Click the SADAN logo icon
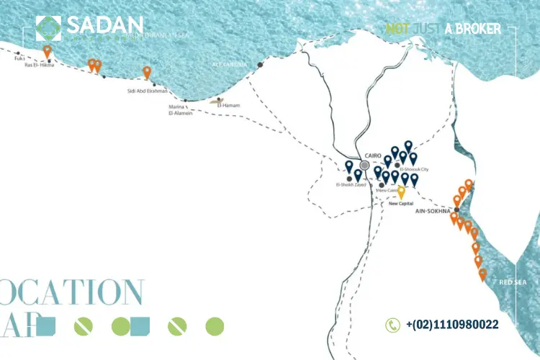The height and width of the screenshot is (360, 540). pyautogui.click(x=49, y=28)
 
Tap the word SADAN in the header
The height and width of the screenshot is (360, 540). pyautogui.click(x=104, y=26)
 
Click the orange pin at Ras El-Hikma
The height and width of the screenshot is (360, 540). pyautogui.click(x=48, y=52)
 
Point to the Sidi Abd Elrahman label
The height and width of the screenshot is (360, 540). pyautogui.click(x=147, y=91)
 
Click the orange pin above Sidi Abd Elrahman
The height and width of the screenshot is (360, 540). pyautogui.click(x=147, y=72)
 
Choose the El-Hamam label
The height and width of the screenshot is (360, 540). pyautogui.click(x=228, y=106)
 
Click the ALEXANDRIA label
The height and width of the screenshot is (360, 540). pyautogui.click(x=229, y=64)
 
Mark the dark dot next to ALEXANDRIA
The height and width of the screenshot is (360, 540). pyautogui.click(x=261, y=65)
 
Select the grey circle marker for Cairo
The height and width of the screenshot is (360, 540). pyautogui.click(x=364, y=165)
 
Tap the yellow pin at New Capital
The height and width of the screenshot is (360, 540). pyautogui.click(x=402, y=192)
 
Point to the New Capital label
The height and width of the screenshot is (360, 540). pyautogui.click(x=402, y=204)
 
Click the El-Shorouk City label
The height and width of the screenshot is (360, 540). pyautogui.click(x=414, y=169)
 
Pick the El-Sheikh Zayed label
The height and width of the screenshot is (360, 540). pyautogui.click(x=351, y=185)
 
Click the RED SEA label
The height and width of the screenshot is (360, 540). pyautogui.click(x=513, y=282)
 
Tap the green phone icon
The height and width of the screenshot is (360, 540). pyautogui.click(x=392, y=325)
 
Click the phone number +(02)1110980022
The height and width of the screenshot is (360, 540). pyautogui.click(x=452, y=325)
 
